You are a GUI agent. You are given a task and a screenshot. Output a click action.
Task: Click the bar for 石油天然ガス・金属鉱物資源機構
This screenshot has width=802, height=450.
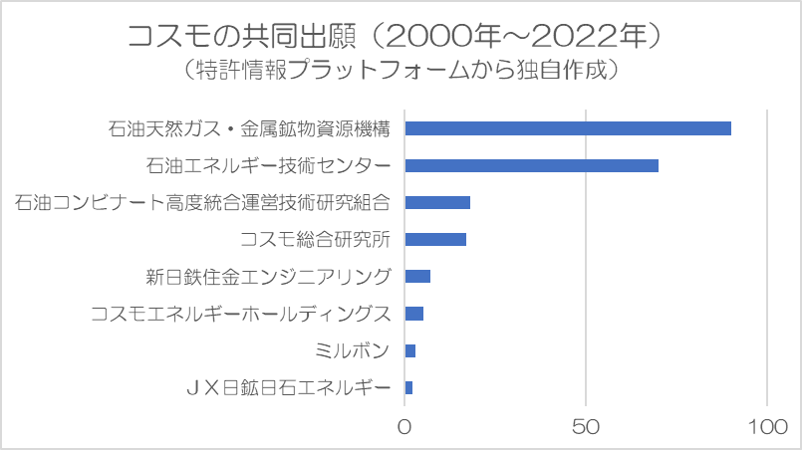click(568, 128)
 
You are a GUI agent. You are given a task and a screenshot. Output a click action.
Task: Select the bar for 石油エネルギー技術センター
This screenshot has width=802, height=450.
click(532, 165)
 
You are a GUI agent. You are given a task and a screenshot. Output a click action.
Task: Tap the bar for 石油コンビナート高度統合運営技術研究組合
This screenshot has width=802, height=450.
click(437, 202)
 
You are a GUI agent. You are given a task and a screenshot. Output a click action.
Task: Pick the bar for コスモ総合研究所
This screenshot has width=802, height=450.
click(435, 239)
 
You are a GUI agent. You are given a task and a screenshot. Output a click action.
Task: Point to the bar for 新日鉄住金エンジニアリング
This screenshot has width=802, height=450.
click(417, 276)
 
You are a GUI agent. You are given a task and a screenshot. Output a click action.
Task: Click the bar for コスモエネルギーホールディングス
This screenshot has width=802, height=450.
click(414, 314)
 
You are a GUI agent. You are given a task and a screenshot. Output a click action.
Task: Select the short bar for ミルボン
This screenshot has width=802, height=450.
click(410, 350)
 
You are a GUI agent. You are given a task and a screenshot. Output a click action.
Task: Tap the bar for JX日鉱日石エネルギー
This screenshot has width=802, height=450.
click(408, 387)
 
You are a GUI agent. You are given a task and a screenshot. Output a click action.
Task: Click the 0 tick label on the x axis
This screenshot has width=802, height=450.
click(405, 427)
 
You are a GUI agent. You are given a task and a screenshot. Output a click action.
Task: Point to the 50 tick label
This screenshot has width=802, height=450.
click(587, 427)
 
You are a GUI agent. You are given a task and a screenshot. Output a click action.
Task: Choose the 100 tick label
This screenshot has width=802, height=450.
click(768, 427)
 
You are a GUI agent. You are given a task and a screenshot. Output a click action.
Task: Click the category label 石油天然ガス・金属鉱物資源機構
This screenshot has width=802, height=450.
click(248, 128)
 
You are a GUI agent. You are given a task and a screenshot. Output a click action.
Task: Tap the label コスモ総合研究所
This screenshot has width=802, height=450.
click(315, 239)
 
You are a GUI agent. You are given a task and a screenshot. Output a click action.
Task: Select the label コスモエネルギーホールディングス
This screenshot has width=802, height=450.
click(239, 314)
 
